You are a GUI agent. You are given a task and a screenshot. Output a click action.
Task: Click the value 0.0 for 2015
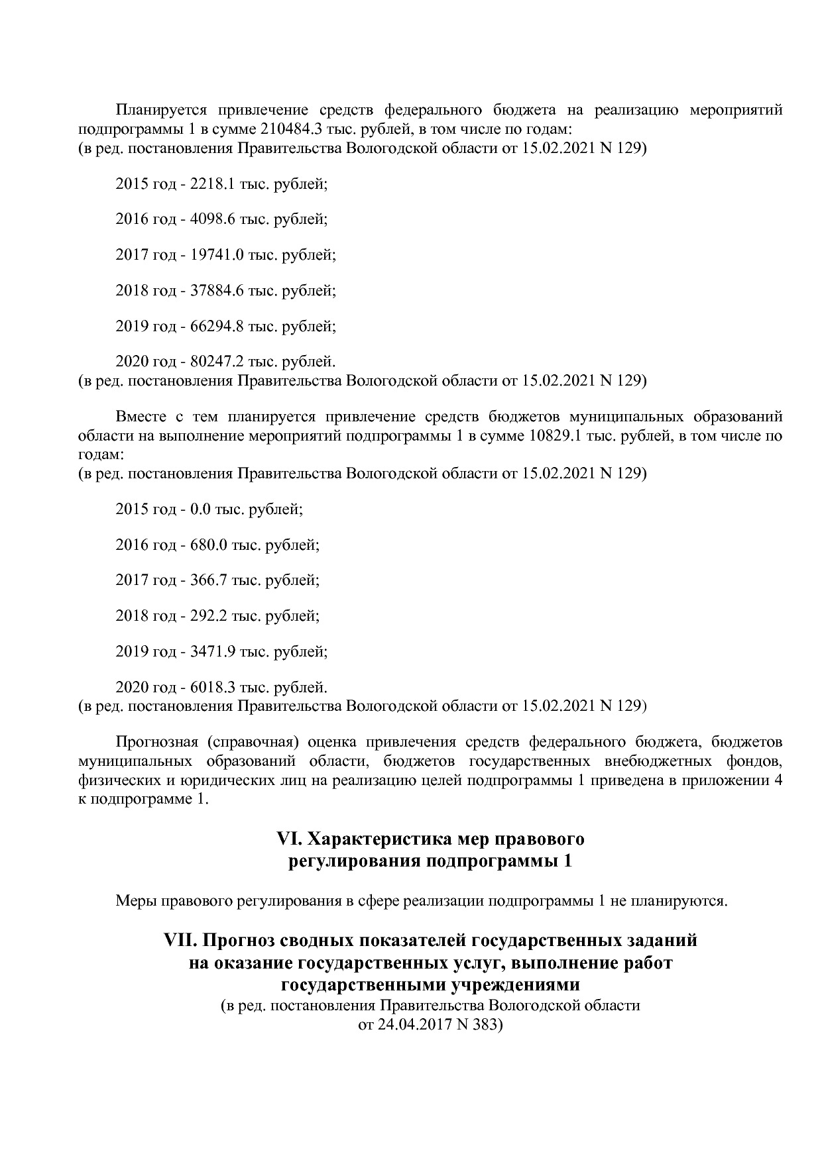coord(200,509)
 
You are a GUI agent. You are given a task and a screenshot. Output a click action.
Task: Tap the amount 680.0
coord(209,545)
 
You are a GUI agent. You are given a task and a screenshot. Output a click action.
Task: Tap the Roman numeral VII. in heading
coord(181,940)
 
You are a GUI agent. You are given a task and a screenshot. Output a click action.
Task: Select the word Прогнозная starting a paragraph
coord(156,741)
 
